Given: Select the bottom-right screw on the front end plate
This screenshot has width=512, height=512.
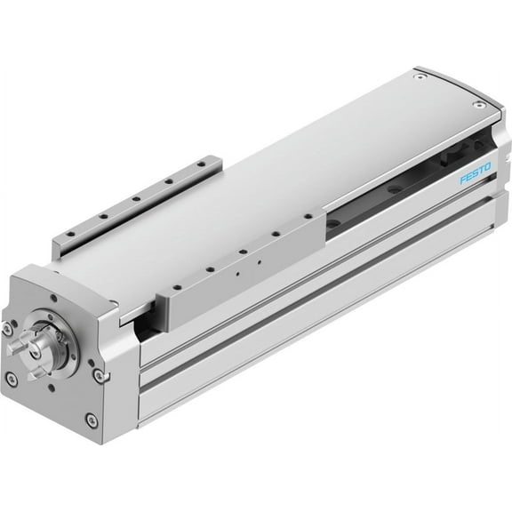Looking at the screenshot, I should (x=92, y=419).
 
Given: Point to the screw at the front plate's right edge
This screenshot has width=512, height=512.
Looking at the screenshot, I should (x=104, y=376).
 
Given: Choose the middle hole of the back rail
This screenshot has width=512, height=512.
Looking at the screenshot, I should (x=135, y=198).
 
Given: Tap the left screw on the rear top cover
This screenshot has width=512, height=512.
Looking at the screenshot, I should (x=418, y=77).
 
